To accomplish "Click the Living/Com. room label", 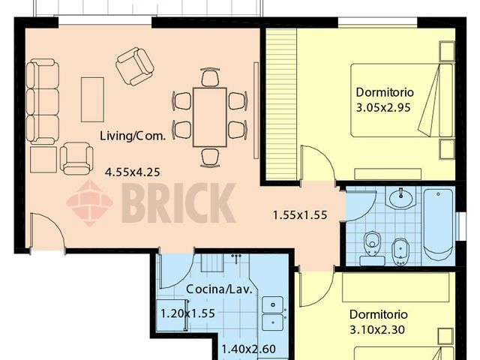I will coord(133,136).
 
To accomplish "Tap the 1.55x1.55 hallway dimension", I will coord(300,214).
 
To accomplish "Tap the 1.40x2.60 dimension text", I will coord(247,347).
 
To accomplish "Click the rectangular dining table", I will coord(209,117).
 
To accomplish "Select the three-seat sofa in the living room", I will coord(43,102).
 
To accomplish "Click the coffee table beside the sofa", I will coord(92,98).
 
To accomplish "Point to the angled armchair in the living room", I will coord(135,66).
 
